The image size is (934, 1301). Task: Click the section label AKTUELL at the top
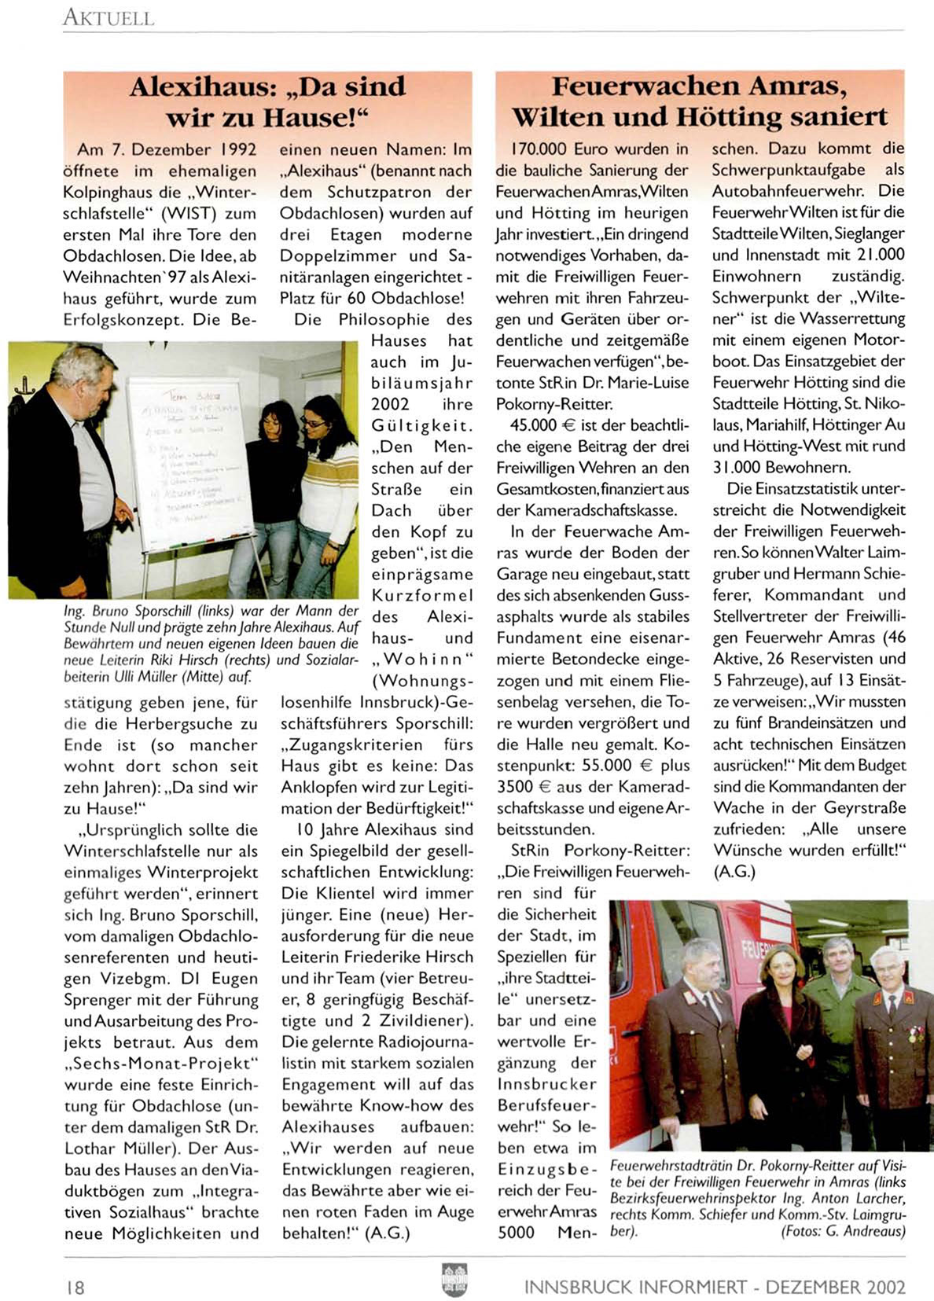pos(108,17)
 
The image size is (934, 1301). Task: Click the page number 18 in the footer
pos(75,1287)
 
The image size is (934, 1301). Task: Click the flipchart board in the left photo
pos(189,456)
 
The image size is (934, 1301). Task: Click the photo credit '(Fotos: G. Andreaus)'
pos(843,1231)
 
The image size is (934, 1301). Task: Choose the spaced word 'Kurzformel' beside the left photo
pos(421,595)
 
